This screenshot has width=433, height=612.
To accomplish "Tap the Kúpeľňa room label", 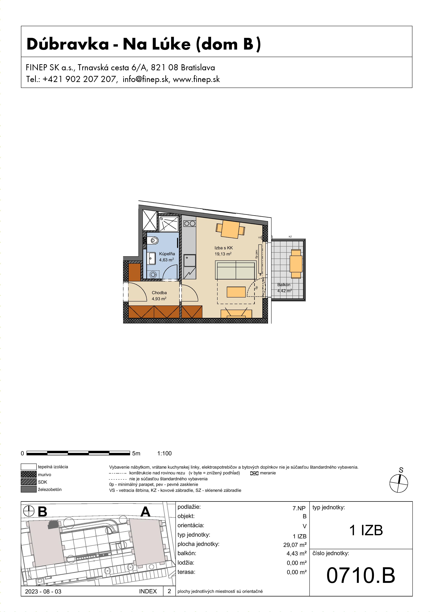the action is tap(167, 254).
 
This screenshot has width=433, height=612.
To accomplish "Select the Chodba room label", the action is tap(159, 293).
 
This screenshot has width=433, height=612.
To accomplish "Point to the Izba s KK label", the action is tap(223, 248).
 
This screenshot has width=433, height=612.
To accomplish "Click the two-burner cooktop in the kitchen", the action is tap(190, 223).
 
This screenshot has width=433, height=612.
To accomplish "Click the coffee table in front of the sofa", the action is tap(236, 292).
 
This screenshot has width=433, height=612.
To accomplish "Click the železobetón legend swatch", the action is tap(28, 489).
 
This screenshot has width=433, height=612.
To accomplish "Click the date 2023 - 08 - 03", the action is tap(43, 591).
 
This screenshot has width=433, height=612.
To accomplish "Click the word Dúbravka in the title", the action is tap(68, 44).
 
